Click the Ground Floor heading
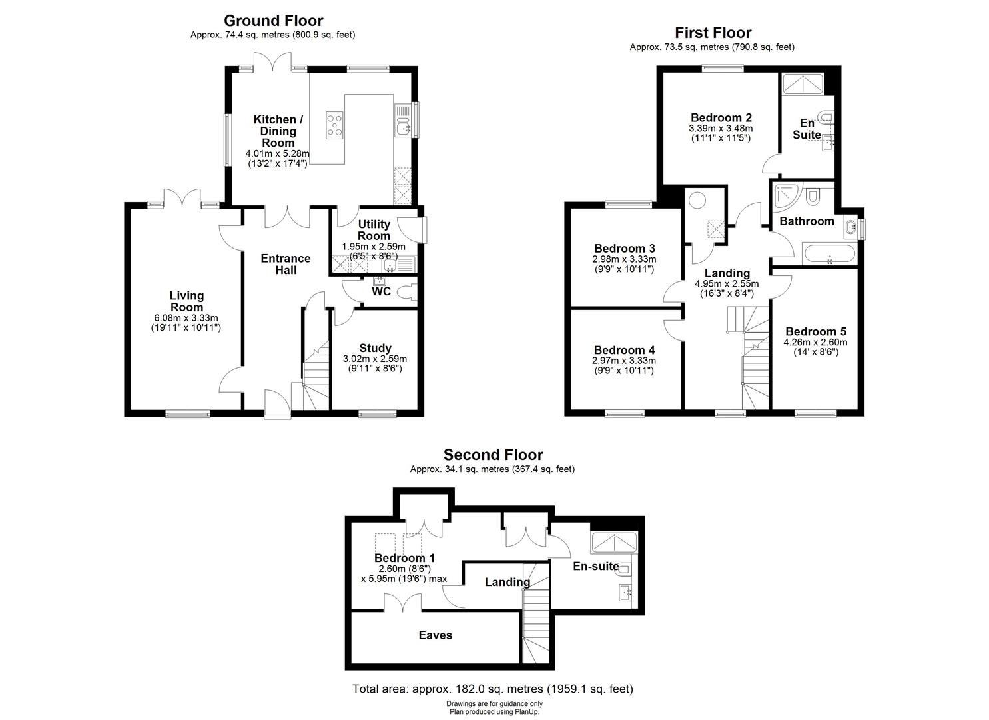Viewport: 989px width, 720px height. point(273,21)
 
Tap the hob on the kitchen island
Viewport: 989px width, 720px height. point(335,125)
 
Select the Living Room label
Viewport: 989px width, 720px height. point(186,301)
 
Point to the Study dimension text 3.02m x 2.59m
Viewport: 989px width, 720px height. point(374,359)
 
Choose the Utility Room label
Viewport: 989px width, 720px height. point(374,230)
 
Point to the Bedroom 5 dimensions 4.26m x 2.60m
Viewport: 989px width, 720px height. point(815,343)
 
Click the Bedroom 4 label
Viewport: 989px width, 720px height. point(624,350)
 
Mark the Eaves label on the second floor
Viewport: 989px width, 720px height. point(435,635)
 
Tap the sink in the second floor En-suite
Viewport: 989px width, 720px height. point(626,591)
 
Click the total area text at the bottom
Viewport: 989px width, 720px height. point(492,689)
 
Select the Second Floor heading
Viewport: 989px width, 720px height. point(493,455)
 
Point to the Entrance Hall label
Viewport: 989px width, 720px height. point(285,264)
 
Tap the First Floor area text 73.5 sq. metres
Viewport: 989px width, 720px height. point(711,47)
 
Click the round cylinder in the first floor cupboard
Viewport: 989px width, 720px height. point(697,201)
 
